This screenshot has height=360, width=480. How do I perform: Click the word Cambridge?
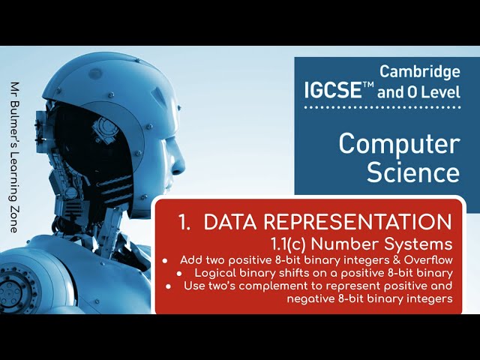[420, 72]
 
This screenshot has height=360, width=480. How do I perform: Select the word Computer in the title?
[398, 142]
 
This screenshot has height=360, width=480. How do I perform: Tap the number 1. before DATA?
[184, 222]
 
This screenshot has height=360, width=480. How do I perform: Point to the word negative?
[310, 298]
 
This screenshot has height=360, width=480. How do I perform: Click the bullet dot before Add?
[165, 260]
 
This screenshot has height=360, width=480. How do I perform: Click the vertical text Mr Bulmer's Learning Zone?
[16, 157]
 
